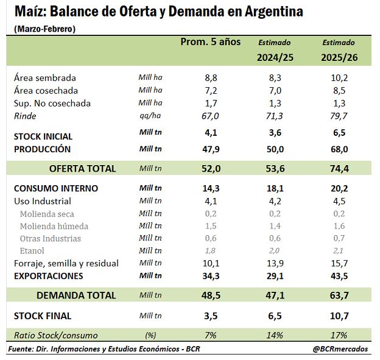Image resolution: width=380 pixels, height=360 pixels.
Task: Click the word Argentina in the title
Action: [x=274, y=12]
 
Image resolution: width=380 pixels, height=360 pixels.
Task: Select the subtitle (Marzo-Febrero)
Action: [x=45, y=29]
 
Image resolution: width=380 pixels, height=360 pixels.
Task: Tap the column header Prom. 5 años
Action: [x=211, y=42]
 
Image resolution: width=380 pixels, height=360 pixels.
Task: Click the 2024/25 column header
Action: [x=275, y=57]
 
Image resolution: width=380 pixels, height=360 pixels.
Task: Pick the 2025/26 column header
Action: [x=339, y=57]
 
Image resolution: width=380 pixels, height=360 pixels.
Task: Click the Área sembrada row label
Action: [x=45, y=78]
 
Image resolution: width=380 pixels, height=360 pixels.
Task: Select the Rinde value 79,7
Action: [x=339, y=116]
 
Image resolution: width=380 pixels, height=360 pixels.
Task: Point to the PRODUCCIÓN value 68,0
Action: [x=339, y=149]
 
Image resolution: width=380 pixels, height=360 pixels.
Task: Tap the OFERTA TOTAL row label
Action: [x=82, y=169]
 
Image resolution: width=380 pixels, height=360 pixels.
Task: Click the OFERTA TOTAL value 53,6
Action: [x=275, y=169]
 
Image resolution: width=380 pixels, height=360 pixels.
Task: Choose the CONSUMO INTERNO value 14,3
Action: [x=211, y=188]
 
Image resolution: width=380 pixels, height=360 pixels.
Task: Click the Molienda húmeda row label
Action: [x=54, y=226]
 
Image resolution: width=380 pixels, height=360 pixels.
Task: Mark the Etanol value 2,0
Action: [x=274, y=251]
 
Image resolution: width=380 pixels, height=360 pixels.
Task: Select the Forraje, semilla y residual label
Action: [x=66, y=264]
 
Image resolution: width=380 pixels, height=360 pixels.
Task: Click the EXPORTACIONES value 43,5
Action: [x=339, y=276]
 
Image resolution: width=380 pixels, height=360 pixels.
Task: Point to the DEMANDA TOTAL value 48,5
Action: [x=211, y=295]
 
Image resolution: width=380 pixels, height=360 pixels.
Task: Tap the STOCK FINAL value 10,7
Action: [x=339, y=316]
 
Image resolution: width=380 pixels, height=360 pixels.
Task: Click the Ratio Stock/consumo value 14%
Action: [x=275, y=335]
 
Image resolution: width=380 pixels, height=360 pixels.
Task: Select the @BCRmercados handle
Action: [x=340, y=349]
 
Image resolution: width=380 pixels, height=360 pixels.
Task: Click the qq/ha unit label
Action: [x=150, y=116]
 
